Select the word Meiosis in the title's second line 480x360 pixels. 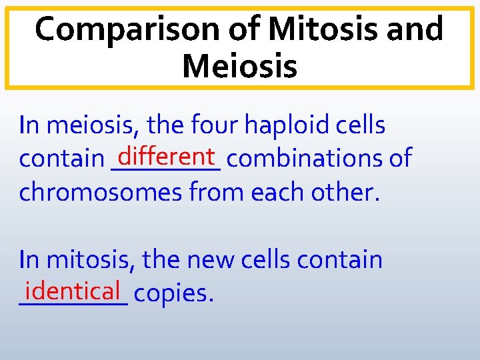pyautogui.click(x=239, y=66)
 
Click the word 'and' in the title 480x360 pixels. pyautogui.click(x=413, y=30)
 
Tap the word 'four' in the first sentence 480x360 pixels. pyautogui.click(x=207, y=125)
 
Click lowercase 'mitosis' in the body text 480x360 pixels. pyautogui.click(x=91, y=260)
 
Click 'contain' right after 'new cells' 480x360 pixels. pyautogui.click(x=340, y=260)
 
